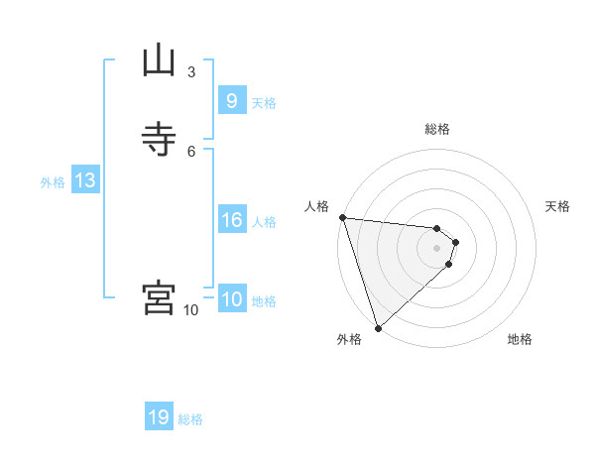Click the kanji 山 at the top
[159, 61]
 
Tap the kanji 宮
[159, 297]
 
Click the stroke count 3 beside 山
[191, 72]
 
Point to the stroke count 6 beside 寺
[191, 151]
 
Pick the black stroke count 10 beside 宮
[191, 310]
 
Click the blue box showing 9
[231, 101]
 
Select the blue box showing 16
[231, 220]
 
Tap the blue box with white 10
[231, 299]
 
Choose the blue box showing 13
[84, 180]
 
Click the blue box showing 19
[159, 417]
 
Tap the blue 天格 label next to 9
[264, 103]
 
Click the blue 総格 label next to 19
[190, 419]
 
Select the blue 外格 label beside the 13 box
[53, 182]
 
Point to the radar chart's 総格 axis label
[437, 129]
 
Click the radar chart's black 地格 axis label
[520, 340]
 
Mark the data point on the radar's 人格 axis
[342, 217]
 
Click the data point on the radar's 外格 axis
[377, 326]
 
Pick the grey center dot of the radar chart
[437, 248]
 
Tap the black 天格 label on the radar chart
[557, 206]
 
